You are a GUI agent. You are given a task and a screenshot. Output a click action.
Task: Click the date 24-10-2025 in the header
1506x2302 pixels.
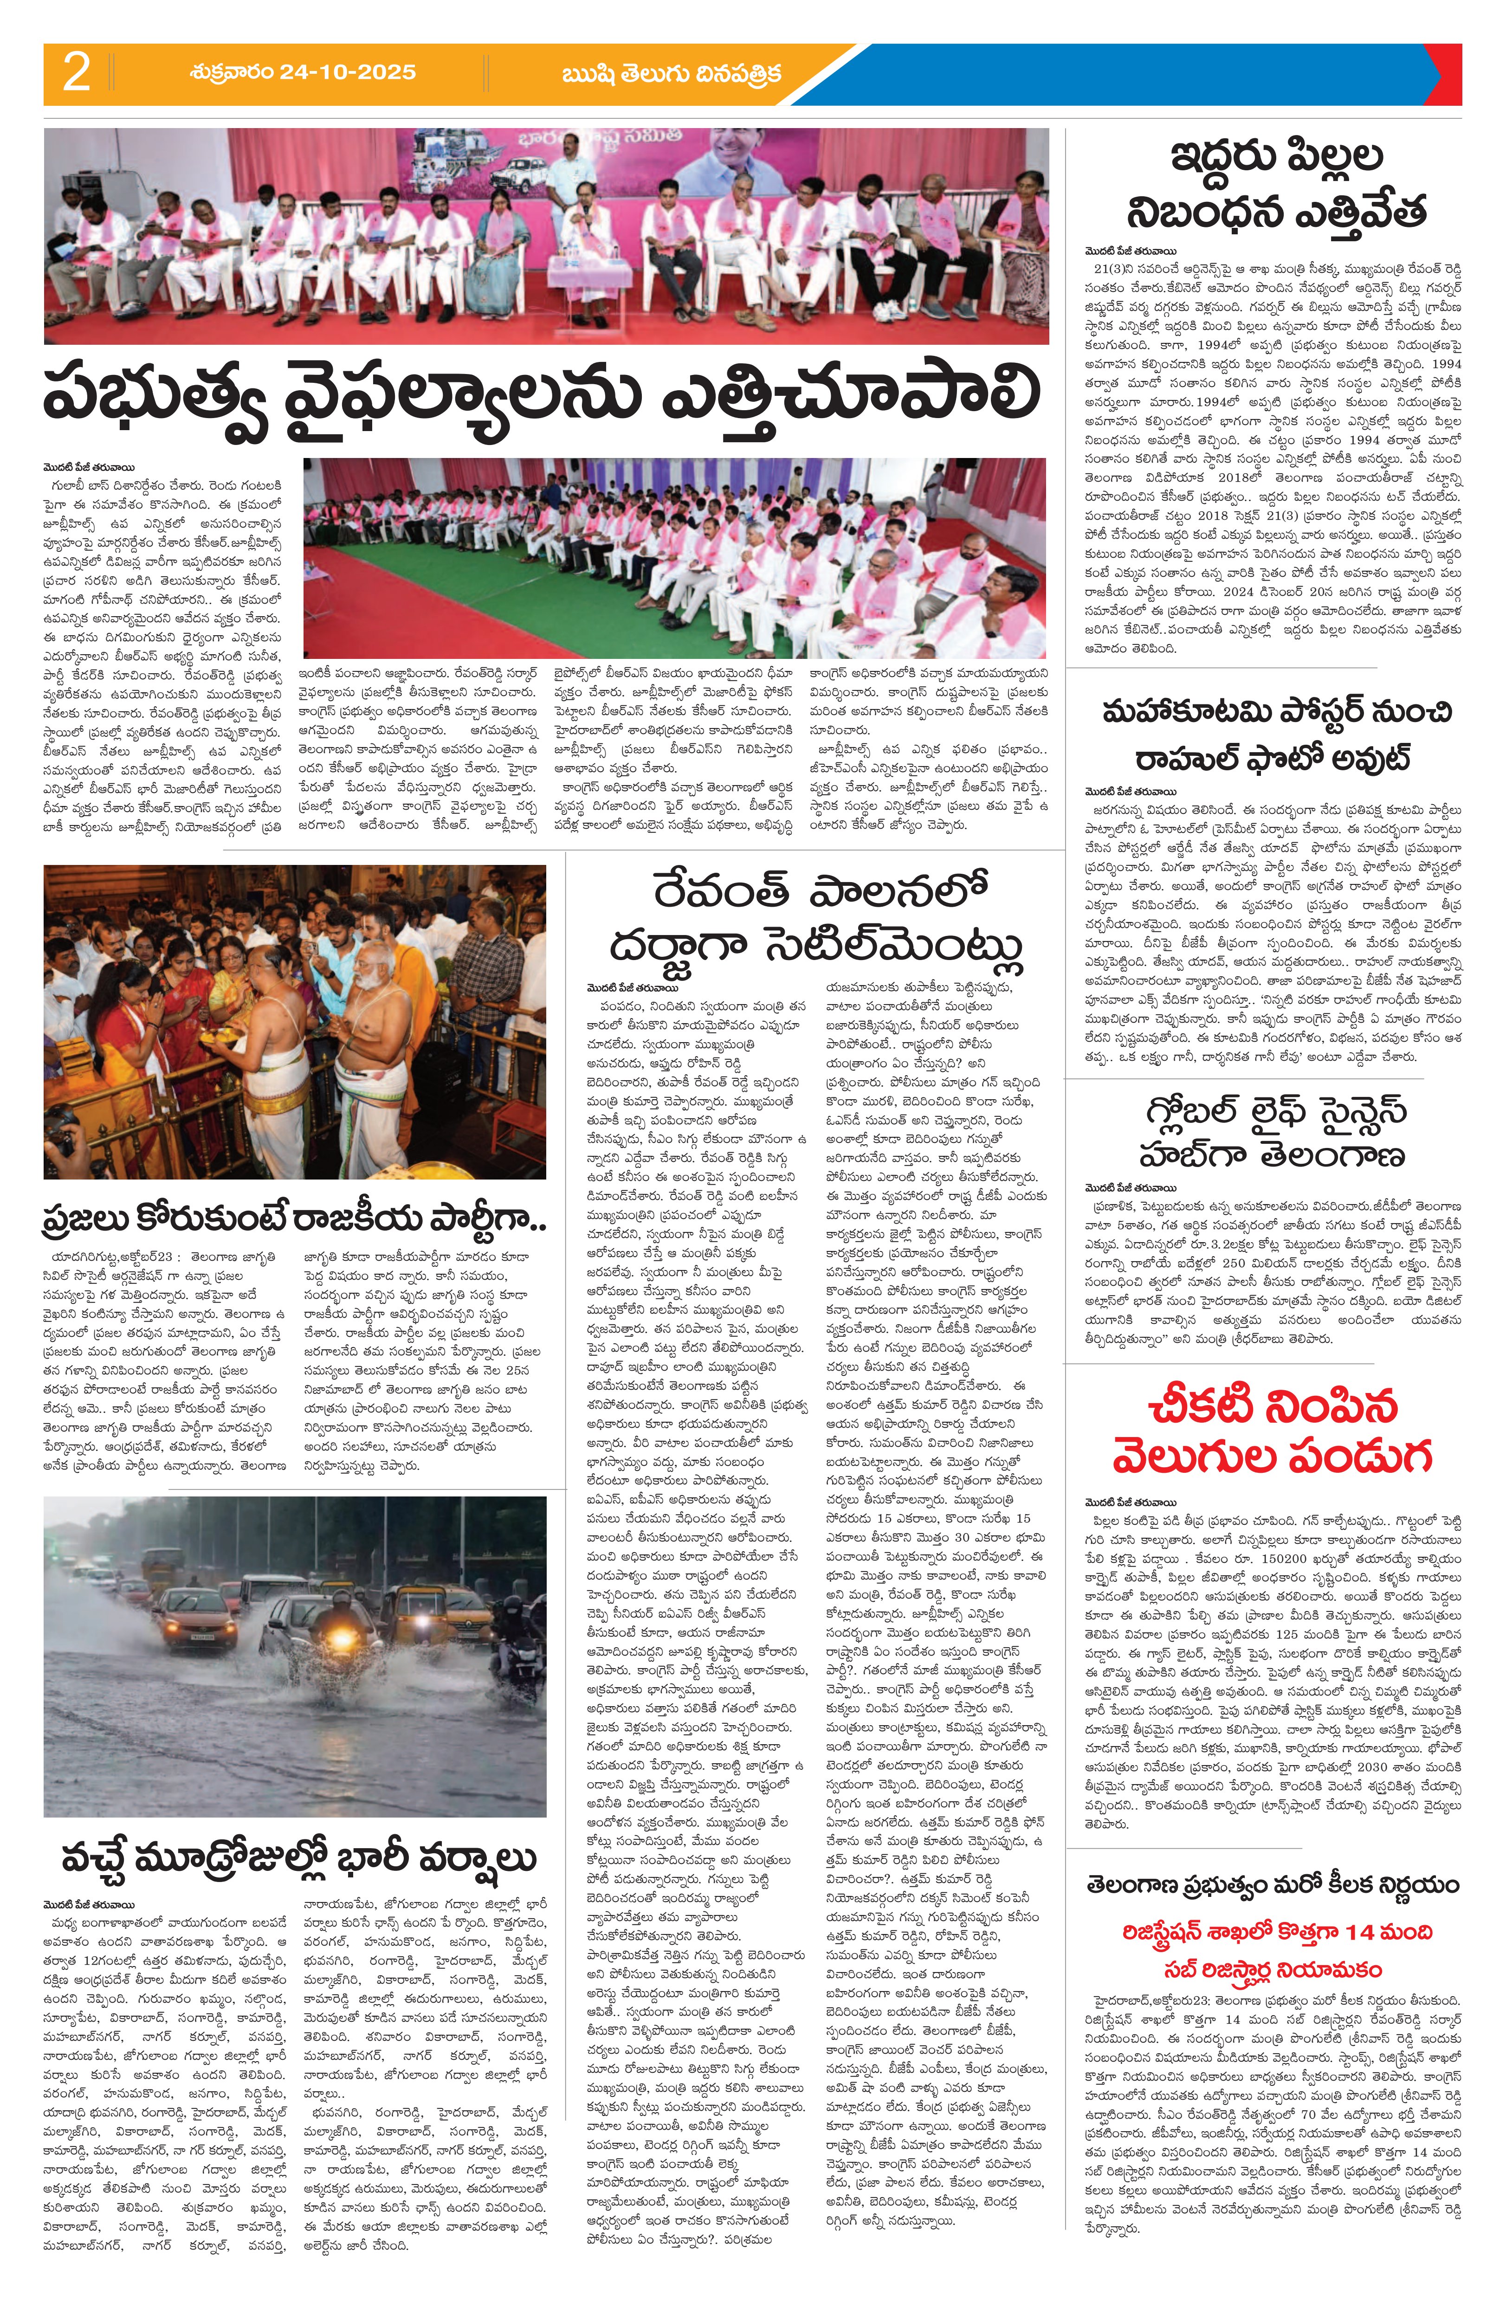303,72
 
